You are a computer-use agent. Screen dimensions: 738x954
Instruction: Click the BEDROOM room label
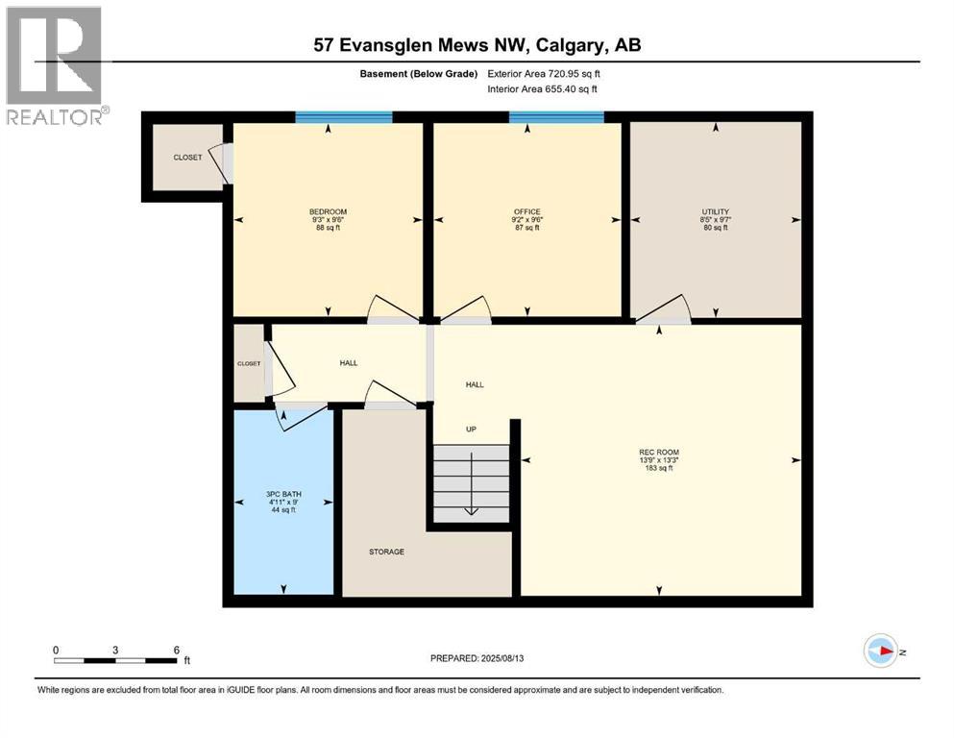tap(328, 211)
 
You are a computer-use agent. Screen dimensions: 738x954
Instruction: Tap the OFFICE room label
tap(526, 211)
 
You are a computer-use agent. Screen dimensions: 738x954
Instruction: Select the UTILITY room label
tap(715, 211)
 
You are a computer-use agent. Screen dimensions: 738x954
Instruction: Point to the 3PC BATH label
tap(283, 494)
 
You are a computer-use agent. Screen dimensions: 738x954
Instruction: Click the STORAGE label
tap(386, 552)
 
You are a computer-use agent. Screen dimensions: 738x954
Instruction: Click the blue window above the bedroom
tap(343, 117)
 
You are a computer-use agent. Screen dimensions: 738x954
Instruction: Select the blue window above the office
tap(555, 117)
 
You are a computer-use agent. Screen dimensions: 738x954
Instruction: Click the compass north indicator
tap(881, 651)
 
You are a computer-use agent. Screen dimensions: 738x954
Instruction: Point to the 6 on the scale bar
tap(175, 650)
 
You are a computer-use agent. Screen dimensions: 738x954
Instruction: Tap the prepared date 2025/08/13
tap(477, 658)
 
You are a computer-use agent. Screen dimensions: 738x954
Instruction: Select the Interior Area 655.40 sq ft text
tap(542, 88)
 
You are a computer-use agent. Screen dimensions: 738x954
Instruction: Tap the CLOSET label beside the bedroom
tap(187, 157)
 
